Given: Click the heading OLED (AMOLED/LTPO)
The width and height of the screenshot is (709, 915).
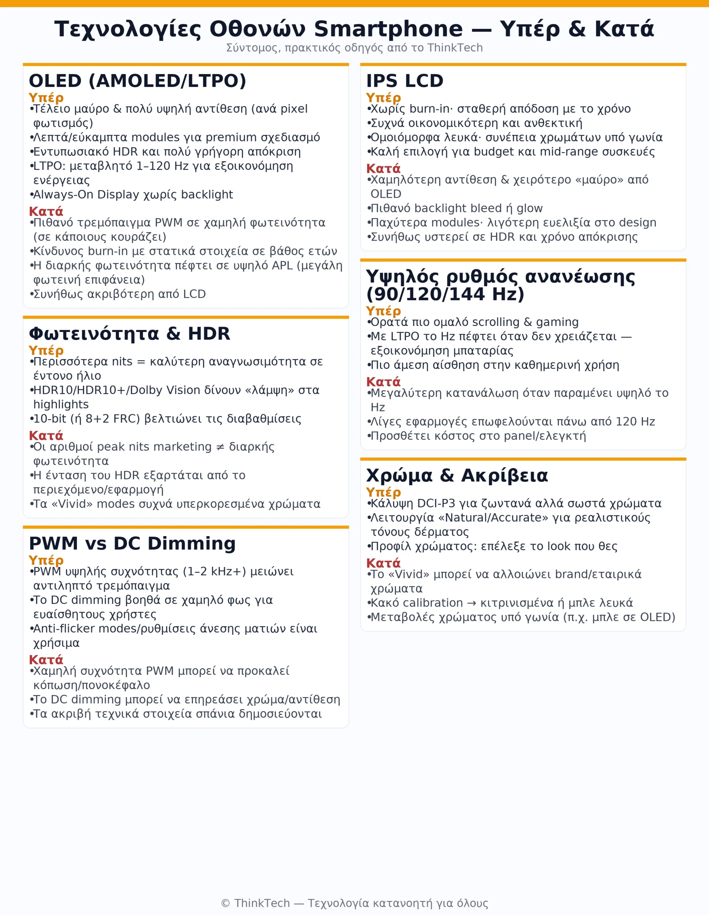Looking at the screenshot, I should (x=137, y=81).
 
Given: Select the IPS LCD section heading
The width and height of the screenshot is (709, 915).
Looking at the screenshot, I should (x=405, y=81).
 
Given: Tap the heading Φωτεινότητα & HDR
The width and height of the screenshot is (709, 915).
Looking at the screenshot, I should (x=129, y=334).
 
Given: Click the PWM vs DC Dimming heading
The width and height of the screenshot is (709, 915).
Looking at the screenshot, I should (x=132, y=543).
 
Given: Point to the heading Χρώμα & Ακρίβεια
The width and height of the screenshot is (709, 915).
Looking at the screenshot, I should (x=457, y=475).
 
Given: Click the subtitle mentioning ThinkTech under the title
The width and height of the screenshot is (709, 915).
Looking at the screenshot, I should (x=354, y=48).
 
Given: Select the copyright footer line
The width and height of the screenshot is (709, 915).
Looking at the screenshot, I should (x=354, y=903).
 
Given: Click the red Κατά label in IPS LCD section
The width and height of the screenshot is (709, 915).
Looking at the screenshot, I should (x=383, y=168).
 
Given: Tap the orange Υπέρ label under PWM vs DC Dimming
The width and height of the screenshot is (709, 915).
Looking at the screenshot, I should (x=46, y=560).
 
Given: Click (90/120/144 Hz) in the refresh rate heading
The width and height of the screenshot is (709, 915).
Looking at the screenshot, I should (x=445, y=294).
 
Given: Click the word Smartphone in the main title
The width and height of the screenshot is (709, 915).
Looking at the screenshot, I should (x=388, y=29).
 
